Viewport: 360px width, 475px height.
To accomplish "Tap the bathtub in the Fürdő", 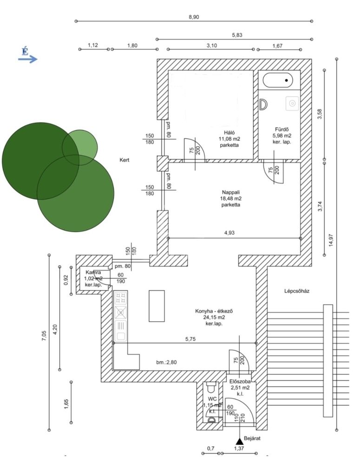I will (278, 81).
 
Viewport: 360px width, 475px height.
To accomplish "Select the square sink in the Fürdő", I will (292, 103).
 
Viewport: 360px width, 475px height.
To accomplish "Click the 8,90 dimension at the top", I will (194, 17).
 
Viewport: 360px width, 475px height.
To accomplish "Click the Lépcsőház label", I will (297, 292).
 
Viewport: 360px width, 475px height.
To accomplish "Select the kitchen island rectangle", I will (157, 306).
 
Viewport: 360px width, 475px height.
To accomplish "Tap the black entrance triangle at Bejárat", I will (239, 441).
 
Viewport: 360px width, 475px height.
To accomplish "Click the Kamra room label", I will (92, 273).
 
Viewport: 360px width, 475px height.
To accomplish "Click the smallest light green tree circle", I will (80, 148).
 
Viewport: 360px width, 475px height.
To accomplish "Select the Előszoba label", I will (240, 381).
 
